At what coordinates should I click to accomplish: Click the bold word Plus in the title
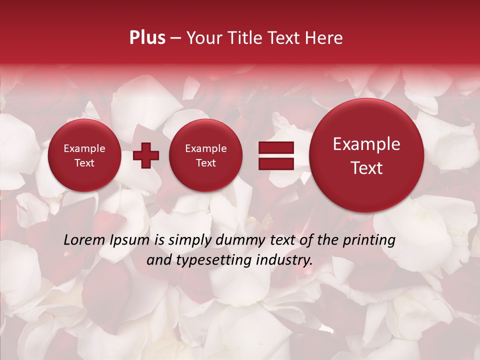tap(147, 38)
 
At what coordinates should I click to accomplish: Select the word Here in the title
tap(324, 38)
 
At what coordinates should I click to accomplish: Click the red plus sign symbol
tap(146, 155)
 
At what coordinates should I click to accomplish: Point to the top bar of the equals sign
tap(275, 147)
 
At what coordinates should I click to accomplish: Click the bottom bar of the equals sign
tap(275, 163)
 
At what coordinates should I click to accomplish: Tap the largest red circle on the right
tap(366, 155)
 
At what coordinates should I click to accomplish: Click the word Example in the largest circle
tap(366, 144)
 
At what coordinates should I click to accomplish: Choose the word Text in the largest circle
tap(366, 168)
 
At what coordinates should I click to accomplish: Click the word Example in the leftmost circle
tap(84, 148)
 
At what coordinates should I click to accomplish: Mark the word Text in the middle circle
tap(205, 163)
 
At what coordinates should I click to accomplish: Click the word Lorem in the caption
tap(84, 240)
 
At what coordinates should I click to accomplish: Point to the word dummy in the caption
tap(235, 240)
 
